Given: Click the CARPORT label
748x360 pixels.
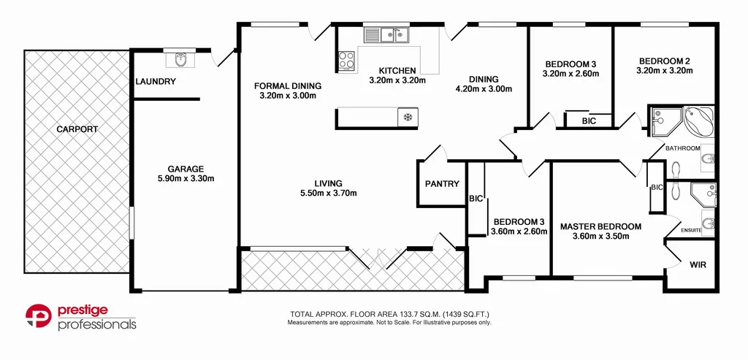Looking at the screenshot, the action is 77,129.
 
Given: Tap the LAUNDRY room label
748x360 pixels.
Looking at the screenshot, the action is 156,82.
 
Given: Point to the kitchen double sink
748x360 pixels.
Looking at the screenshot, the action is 386,34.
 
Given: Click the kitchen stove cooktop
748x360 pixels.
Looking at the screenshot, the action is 346,61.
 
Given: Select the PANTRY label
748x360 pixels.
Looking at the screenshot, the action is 442,184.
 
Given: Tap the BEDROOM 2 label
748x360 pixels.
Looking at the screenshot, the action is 664,61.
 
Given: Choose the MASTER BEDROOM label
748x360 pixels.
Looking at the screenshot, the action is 600,226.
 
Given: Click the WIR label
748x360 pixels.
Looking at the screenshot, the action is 698,264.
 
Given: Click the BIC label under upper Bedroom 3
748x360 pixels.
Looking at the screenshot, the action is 588,121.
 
